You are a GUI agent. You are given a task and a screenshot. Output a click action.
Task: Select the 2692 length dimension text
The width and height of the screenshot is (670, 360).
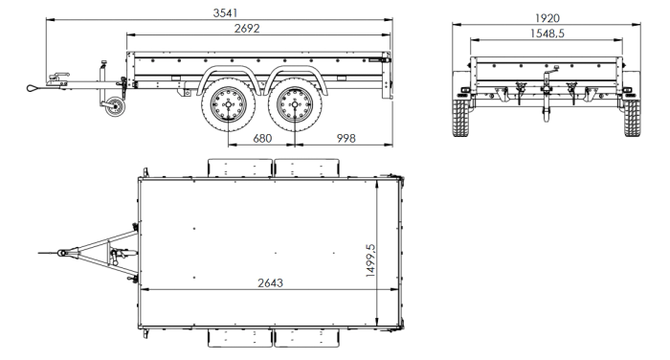click(251, 29)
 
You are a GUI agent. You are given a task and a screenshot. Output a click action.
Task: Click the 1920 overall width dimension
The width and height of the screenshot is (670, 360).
click(547, 17)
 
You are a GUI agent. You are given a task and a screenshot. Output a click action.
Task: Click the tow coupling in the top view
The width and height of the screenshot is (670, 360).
click(67, 253)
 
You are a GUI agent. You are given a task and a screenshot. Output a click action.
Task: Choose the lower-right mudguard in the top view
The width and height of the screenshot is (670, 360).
click(305, 338)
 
